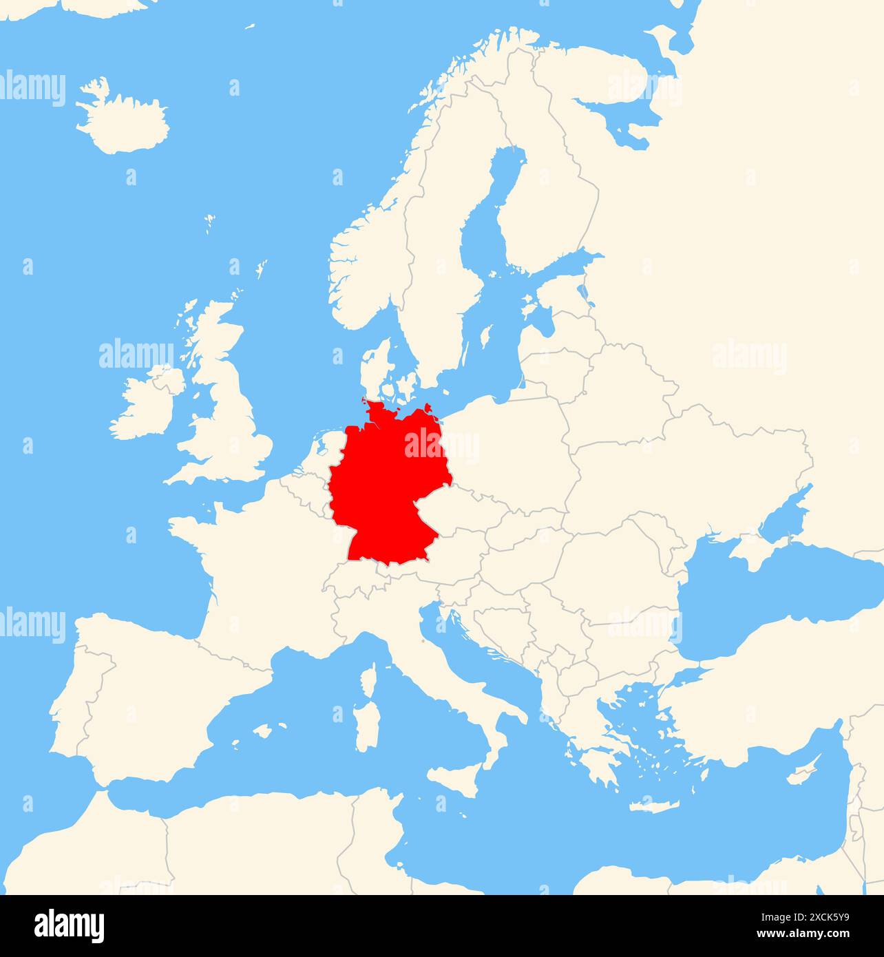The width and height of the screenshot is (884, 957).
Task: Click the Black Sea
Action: (757, 606)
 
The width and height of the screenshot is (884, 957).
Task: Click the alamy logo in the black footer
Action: (70, 925)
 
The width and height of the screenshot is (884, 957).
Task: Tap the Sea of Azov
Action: (785, 513)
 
